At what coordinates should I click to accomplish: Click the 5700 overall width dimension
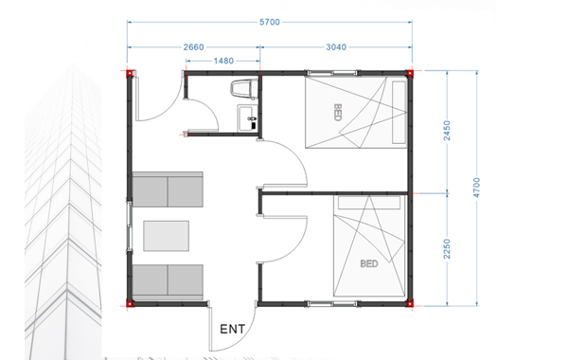(x=270, y=22)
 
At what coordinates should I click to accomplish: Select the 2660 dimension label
(x=193, y=47)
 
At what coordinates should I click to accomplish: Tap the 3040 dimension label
(x=336, y=47)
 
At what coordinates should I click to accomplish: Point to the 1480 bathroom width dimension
(x=223, y=61)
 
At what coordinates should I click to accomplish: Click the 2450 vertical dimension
(x=447, y=131)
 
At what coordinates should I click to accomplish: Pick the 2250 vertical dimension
(x=447, y=249)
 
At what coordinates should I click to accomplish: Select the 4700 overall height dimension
(x=476, y=188)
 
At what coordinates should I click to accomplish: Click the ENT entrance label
(x=233, y=329)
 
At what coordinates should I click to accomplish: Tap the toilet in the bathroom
(x=244, y=89)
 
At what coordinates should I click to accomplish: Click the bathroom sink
(x=247, y=118)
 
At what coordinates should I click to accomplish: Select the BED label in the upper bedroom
(x=337, y=113)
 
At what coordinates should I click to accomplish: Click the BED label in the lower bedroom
(x=369, y=263)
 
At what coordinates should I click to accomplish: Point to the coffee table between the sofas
(x=166, y=236)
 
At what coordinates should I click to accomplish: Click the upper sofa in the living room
(x=168, y=189)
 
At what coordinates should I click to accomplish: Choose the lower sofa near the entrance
(x=168, y=282)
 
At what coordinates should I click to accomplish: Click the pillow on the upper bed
(x=399, y=113)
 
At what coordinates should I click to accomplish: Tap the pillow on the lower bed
(x=369, y=203)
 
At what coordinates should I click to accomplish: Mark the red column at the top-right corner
(x=410, y=73)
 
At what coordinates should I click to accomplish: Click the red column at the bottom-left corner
(x=130, y=303)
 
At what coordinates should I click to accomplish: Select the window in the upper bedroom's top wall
(x=332, y=73)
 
